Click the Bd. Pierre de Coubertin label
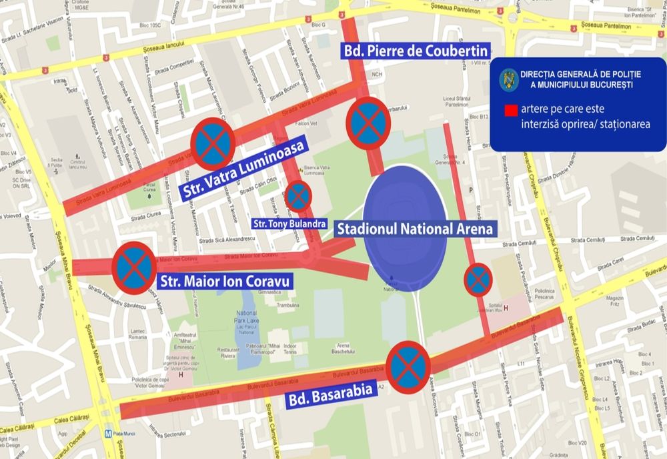click(x=416, y=51)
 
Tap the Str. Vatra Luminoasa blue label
click(x=242, y=171)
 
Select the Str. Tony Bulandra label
click(x=289, y=222)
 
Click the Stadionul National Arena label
click(x=415, y=229)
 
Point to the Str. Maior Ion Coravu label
click(x=224, y=281)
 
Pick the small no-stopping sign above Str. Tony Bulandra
click(x=297, y=196)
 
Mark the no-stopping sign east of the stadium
click(x=478, y=280)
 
